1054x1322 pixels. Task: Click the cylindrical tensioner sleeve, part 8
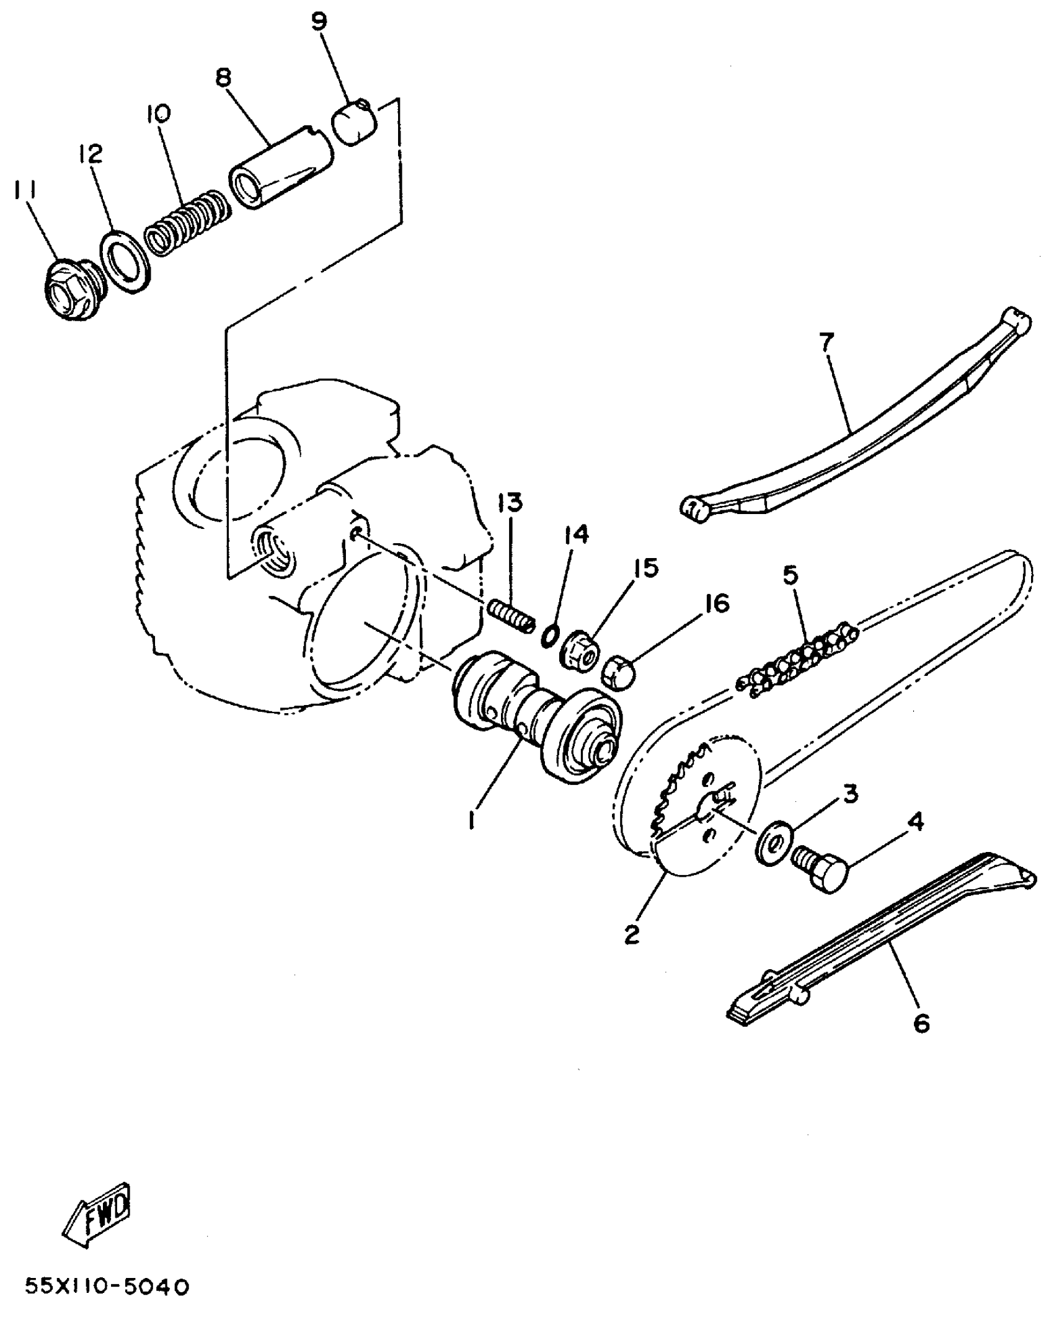click(280, 169)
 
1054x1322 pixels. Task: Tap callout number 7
click(828, 343)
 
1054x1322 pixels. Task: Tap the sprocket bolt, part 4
click(820, 868)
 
